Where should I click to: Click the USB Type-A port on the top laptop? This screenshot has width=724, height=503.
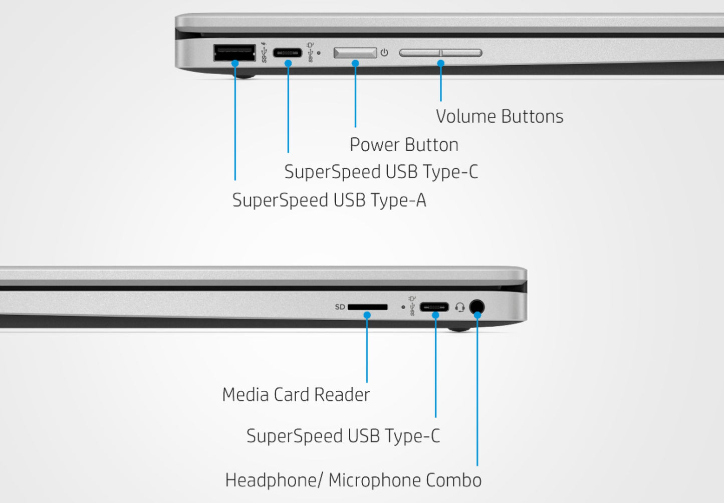point(234,52)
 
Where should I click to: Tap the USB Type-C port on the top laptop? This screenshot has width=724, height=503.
point(288,53)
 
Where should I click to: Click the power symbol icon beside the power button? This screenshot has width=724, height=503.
point(384,52)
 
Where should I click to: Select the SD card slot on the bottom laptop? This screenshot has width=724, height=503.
point(367,307)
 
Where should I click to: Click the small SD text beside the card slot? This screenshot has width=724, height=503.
point(340,307)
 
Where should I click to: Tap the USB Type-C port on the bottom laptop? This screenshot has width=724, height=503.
point(434,307)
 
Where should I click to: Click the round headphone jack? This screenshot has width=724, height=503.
point(477,306)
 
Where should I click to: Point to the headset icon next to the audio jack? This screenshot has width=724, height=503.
point(460,307)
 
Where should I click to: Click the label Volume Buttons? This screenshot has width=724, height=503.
point(500,116)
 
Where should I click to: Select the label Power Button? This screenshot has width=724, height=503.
point(404,145)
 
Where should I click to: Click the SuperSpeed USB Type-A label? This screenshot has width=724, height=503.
point(329,200)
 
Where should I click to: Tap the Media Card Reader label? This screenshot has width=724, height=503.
point(296,395)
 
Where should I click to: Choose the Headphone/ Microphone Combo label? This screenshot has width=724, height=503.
point(353,480)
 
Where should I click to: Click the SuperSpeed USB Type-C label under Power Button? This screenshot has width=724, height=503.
point(381,172)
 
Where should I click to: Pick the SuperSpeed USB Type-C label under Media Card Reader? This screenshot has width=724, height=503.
point(343,436)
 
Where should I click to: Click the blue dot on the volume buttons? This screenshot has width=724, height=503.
point(441,63)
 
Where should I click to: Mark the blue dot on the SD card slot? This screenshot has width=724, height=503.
point(367,315)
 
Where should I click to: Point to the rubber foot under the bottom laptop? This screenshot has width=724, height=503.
point(459,329)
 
